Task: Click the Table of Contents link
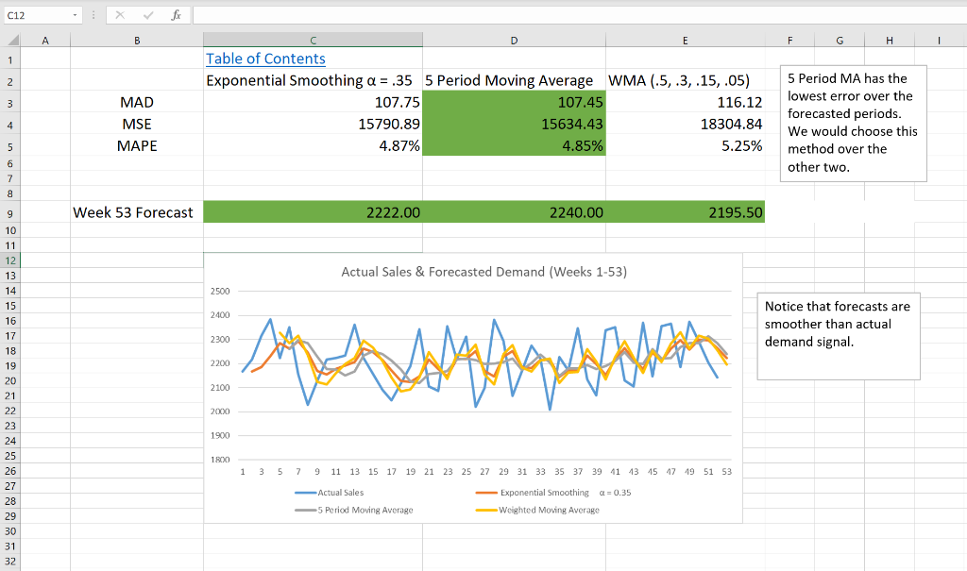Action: pyautogui.click(x=265, y=59)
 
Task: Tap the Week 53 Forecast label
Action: pyautogui.click(x=133, y=212)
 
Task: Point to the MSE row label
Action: pyautogui.click(x=137, y=124)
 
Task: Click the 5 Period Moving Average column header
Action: pyautogui.click(x=509, y=80)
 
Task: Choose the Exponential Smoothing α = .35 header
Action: pyautogui.click(x=313, y=80)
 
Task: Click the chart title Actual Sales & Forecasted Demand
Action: pyautogui.click(x=483, y=272)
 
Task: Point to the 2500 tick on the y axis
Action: pyautogui.click(x=221, y=291)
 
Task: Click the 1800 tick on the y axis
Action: pyautogui.click(x=221, y=460)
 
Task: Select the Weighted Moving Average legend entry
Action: pyautogui.click(x=549, y=510)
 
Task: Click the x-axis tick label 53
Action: pyautogui.click(x=725, y=471)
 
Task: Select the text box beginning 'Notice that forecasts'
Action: pyautogui.click(x=838, y=335)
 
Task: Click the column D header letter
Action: pyautogui.click(x=514, y=40)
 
